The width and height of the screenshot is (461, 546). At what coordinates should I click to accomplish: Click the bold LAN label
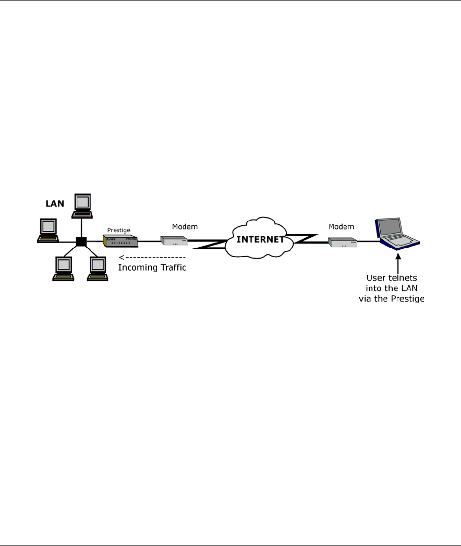[x=54, y=203]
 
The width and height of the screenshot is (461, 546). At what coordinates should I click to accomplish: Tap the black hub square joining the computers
[x=81, y=242]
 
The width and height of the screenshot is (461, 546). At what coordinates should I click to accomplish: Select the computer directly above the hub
[x=82, y=205]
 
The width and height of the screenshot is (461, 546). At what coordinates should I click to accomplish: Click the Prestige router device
[x=120, y=241]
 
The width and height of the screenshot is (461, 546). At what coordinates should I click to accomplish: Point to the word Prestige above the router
[x=118, y=229]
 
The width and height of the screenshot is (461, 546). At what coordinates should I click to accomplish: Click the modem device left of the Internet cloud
[x=174, y=241]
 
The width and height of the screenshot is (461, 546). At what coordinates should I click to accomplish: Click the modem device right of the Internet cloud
[x=343, y=242]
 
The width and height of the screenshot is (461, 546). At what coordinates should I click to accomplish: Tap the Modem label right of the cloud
[x=342, y=227]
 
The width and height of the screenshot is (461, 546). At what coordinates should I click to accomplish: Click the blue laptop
[x=397, y=233]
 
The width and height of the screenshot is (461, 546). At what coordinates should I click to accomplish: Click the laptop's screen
[x=391, y=227]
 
